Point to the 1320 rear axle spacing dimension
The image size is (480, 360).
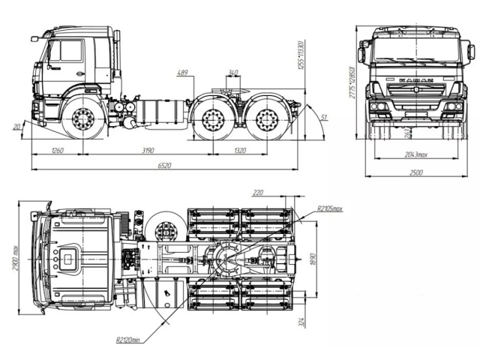(x=238, y=151)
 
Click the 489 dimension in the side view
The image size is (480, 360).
(x=183, y=73)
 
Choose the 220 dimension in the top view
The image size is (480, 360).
(x=259, y=193)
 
